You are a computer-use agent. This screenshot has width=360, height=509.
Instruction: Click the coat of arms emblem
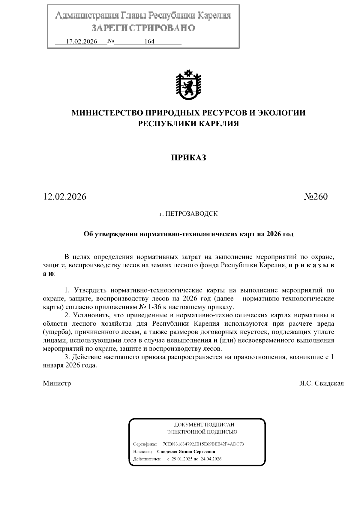pyautogui.click(x=188, y=85)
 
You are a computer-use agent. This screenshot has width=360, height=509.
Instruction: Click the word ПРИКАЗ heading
pyautogui.click(x=188, y=157)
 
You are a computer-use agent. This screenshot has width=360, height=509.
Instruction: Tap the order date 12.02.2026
pyautogui.click(x=64, y=197)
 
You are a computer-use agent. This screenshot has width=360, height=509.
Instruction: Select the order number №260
pyautogui.click(x=316, y=197)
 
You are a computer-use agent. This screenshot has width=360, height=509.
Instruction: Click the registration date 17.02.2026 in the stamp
pyautogui.click(x=81, y=42)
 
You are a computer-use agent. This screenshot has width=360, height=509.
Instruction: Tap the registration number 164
pyautogui.click(x=149, y=42)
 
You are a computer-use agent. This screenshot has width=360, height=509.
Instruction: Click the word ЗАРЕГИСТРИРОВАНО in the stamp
pyautogui.click(x=143, y=28)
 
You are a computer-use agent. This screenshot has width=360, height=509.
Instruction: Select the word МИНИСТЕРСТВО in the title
pyautogui.click(x=107, y=113)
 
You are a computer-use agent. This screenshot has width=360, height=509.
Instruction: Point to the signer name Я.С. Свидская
pyautogui.click(x=322, y=383)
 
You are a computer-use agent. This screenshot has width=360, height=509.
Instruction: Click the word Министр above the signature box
pyautogui.click(x=57, y=383)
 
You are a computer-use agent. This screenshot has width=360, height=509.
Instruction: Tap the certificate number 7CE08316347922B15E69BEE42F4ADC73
pyautogui.click(x=203, y=444)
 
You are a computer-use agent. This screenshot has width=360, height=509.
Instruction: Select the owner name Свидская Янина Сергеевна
pyautogui.click(x=186, y=451)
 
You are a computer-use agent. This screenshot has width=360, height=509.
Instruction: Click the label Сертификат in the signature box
pyautogui.click(x=145, y=444)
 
